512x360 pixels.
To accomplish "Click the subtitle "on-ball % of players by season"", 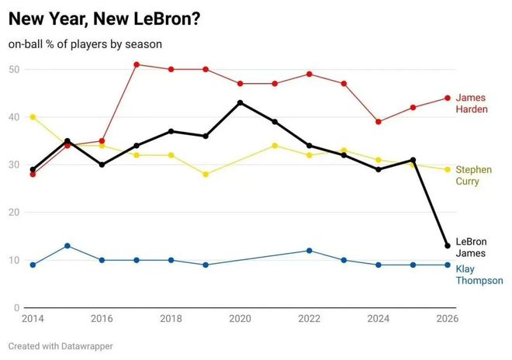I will point(85,44).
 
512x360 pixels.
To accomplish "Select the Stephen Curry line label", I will point(473,175).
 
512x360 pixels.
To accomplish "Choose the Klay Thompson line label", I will point(479,275).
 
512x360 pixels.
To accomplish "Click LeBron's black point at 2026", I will point(447,246).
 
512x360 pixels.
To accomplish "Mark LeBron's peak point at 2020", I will point(240,102).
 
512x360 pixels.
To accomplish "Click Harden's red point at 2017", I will point(137,64).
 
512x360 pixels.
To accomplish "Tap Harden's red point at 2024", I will point(378,122).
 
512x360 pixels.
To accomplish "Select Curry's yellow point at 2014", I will point(33,117).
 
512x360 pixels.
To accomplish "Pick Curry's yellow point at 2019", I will point(206,175).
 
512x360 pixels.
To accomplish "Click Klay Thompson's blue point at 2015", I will point(67,246).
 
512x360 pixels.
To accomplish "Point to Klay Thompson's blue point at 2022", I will point(309,251).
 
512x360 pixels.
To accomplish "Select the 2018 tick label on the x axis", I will point(171,318).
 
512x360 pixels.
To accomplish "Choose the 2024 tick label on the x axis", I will point(378,318).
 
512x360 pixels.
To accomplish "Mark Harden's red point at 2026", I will point(447,98).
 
